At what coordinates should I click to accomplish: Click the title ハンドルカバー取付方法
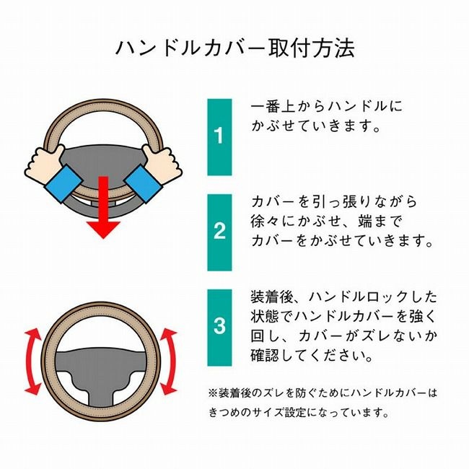point(235,48)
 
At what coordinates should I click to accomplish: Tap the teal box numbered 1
point(219,137)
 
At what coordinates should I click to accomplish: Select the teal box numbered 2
point(219,232)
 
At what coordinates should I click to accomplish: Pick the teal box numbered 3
point(219,328)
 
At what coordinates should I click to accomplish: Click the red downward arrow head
point(103,229)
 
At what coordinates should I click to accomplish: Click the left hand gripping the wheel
point(45,163)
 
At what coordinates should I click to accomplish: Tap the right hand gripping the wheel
point(162,163)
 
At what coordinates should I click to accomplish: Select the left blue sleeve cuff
point(63,183)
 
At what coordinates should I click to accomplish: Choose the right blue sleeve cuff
point(144,183)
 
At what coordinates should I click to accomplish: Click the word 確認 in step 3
point(264,355)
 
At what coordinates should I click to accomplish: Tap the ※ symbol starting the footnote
point(213,393)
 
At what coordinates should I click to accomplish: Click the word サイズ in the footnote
point(268,413)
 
